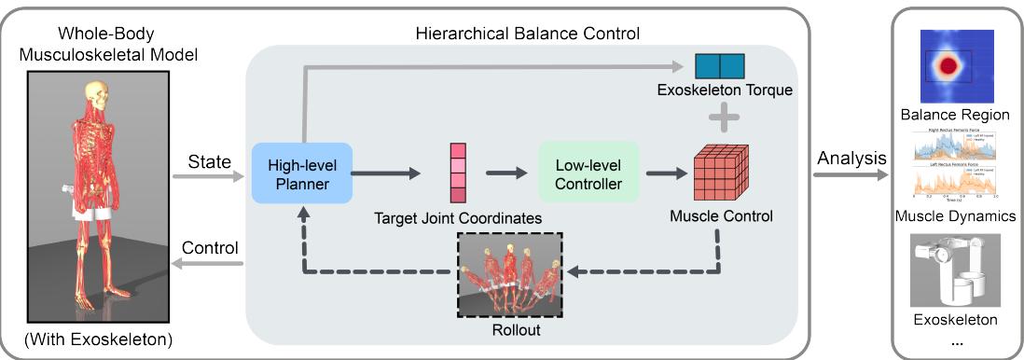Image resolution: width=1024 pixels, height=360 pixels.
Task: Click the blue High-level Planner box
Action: (301, 173)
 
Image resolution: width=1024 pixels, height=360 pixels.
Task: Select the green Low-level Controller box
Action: (587, 173)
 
